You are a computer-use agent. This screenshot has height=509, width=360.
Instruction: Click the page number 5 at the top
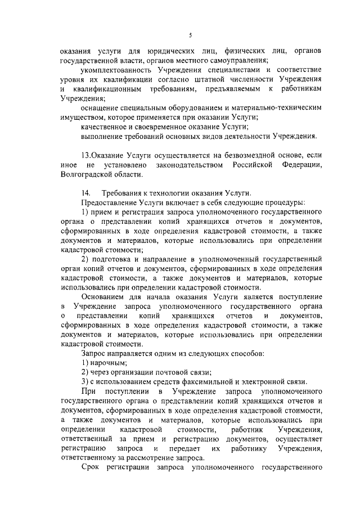click(x=191, y=35)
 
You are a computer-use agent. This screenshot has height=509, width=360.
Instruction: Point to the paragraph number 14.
click(x=85, y=193)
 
